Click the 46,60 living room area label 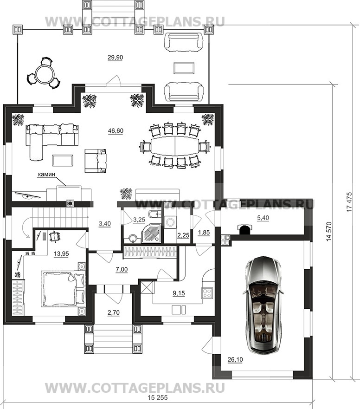(116, 130)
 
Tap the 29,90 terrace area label (115, 58)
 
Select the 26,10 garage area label (235, 360)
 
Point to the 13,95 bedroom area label (62, 253)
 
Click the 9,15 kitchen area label (179, 293)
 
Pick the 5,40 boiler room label (263, 218)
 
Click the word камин (46, 174)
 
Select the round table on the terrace (44, 73)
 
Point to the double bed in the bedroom (64, 288)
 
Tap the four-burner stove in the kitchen (207, 292)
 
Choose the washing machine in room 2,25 (170, 222)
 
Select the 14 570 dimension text (329, 231)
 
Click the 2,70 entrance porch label (113, 312)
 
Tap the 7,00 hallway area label (122, 269)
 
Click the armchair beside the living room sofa (96, 161)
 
